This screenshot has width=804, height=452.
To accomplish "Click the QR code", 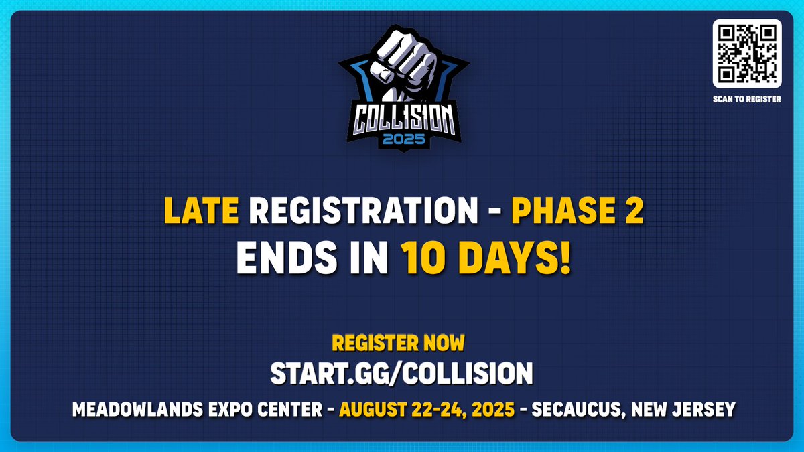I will click(x=747, y=54).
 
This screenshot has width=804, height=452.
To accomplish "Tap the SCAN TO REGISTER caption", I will click(x=747, y=100).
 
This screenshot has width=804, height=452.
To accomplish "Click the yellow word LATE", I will click(x=201, y=212).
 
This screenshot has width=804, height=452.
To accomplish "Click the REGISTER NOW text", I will click(x=398, y=344).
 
